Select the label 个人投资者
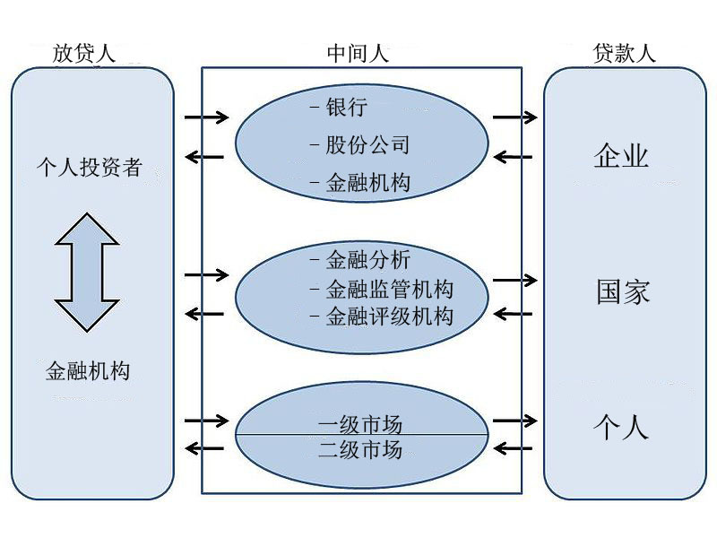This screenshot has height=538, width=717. click(89, 167)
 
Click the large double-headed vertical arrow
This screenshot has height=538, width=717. click(87, 273)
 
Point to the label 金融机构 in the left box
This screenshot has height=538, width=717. click(88, 370)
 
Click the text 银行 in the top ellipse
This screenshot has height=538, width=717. click(346, 108)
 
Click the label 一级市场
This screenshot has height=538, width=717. click(360, 422)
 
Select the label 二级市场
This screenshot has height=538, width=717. click(360, 449)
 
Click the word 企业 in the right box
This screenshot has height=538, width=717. click(621, 156)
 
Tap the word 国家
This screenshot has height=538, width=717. click(623, 292)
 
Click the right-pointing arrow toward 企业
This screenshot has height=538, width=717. click(514, 117)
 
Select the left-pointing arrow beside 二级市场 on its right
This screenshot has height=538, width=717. click(514, 447)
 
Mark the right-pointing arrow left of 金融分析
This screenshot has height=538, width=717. click(206, 273)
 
